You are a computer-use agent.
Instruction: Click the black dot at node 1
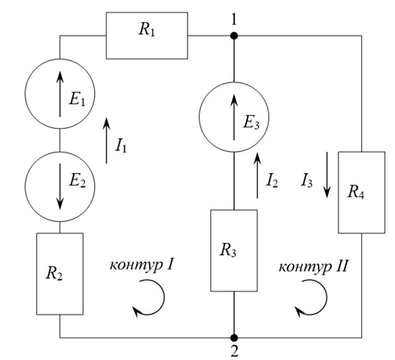pos(234,36)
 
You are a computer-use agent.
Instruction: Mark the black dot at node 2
pos(234,338)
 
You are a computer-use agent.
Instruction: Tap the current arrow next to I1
pos(107,141)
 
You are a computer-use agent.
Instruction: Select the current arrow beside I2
pos(257,175)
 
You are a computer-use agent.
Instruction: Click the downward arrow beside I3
pos(327,175)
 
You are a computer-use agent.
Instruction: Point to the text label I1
pos(121,146)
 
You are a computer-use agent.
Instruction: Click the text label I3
pos(307,180)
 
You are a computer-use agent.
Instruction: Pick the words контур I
pos(141,266)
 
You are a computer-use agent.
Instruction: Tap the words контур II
pos(313,267)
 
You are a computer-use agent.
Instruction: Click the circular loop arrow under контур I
pos(164,297)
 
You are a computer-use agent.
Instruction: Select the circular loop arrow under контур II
pos(327,297)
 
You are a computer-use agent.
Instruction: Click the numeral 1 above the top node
pos(234,19)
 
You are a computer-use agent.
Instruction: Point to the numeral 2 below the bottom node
pos(235,351)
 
